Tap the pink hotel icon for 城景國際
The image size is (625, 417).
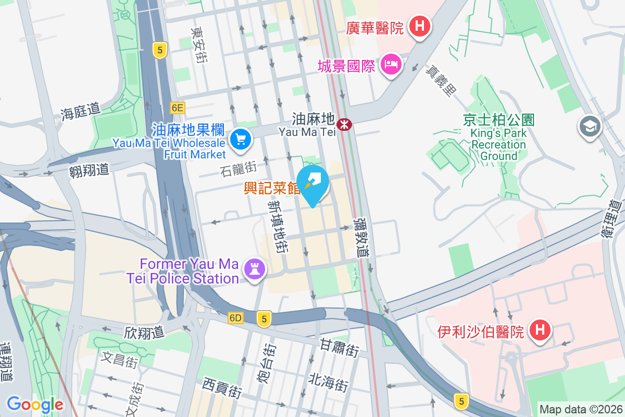coord(390,65)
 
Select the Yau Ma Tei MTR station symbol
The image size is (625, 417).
coord(344,125)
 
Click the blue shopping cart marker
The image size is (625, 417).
coord(240,140)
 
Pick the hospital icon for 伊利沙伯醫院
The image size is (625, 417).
coord(540,330)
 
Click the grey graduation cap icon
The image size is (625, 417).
coord(590,126)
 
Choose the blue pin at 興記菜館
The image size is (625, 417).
coord(315,183)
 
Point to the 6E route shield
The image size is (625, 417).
coord(177,108)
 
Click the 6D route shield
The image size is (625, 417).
coord(235,317)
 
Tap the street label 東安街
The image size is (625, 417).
coord(197,45)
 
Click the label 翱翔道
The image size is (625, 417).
coord(89,169)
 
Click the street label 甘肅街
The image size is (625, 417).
coord(340,348)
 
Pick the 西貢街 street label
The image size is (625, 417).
coord(222,388)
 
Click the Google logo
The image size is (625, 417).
coord(35,404)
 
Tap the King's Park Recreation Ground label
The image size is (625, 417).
coord(498,138)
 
